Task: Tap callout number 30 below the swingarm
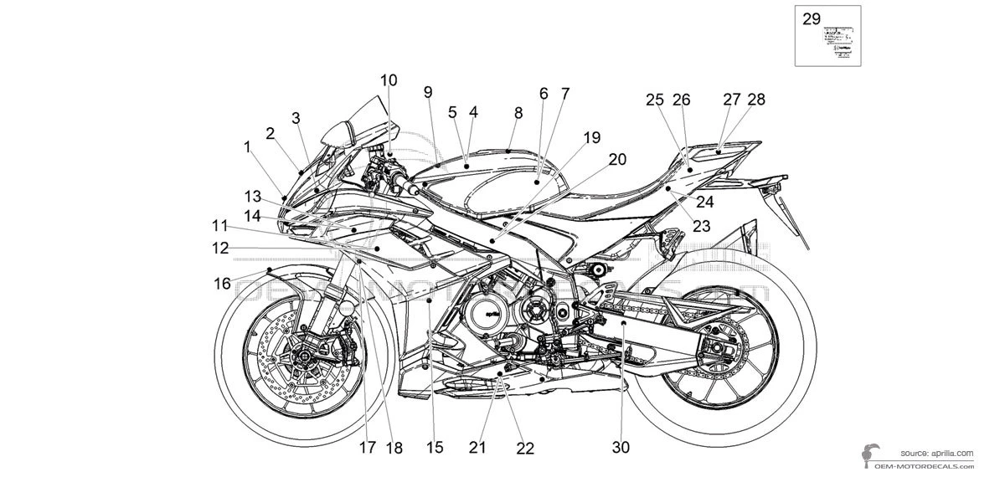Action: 620,448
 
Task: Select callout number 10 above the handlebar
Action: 389,81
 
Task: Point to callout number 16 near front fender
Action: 222,285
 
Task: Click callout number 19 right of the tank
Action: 592,137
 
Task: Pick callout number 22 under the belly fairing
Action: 524,449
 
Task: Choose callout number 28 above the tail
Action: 756,100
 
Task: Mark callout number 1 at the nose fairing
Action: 247,146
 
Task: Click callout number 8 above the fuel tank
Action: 518,113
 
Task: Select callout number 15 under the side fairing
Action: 434,448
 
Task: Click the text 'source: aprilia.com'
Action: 937,452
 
